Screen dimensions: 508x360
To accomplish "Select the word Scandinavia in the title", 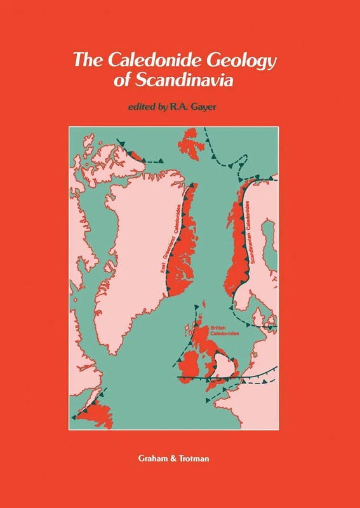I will [x=197, y=83].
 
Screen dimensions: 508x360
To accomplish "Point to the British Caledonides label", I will [x=220, y=331].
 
